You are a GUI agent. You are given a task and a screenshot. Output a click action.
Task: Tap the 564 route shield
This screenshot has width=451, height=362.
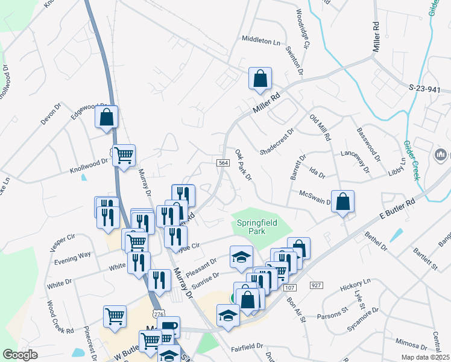[222, 164]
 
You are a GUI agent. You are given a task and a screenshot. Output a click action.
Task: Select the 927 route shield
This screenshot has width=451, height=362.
[316, 284]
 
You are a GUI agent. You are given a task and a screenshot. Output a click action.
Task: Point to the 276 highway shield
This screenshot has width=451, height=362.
[159, 314]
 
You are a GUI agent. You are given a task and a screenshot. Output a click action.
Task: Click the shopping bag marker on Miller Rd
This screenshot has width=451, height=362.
[260, 78]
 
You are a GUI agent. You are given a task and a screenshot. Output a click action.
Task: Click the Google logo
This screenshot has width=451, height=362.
[20, 355]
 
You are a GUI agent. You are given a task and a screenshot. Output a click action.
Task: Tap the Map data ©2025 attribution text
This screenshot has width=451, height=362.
[424, 357]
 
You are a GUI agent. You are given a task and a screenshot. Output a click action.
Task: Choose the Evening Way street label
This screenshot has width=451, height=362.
[72, 255]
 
